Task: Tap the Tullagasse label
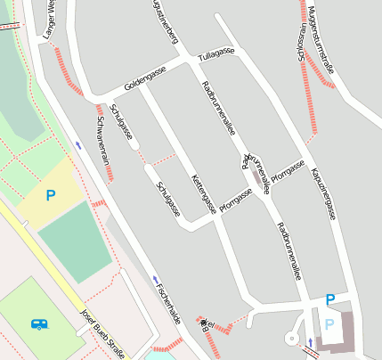[x=216, y=54]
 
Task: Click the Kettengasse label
[x=204, y=194]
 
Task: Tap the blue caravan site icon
[x=38, y=324]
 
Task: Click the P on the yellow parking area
[x=51, y=194]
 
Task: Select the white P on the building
[x=329, y=324]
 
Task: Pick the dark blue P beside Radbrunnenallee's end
[x=330, y=299]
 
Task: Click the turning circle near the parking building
[x=290, y=339]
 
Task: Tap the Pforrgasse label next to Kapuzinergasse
[x=288, y=170]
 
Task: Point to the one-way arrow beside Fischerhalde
[x=155, y=280]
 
